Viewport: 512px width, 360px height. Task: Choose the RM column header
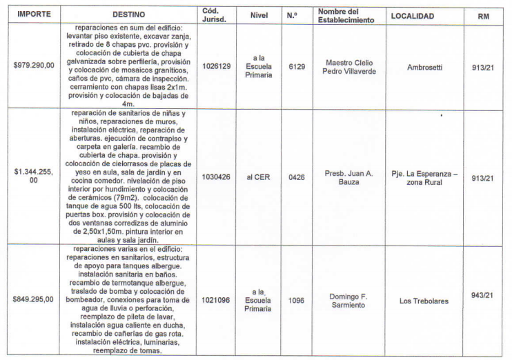(x=483, y=14)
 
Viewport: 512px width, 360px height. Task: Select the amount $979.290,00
(x=34, y=66)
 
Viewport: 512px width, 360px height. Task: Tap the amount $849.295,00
(x=34, y=301)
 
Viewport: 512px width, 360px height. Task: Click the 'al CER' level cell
(x=258, y=177)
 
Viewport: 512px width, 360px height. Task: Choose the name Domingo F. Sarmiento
(x=345, y=301)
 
